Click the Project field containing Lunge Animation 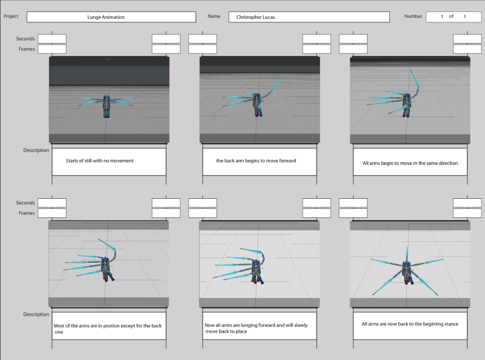pos(111,17)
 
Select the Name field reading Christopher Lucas pos(309,17)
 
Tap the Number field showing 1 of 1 pos(453,17)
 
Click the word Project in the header pos(11,16)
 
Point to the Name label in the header pos(214,16)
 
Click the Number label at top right pos(413,16)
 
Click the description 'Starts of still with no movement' pos(100,161)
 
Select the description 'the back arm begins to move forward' pos(256,161)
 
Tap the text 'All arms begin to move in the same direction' pos(410,163)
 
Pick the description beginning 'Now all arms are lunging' pos(256,328)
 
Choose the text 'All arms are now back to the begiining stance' pos(409,323)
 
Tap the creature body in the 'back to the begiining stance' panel pos(407,267)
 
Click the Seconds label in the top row pos(25,39)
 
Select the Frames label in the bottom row pos(27,213)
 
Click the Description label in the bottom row pos(36,314)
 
